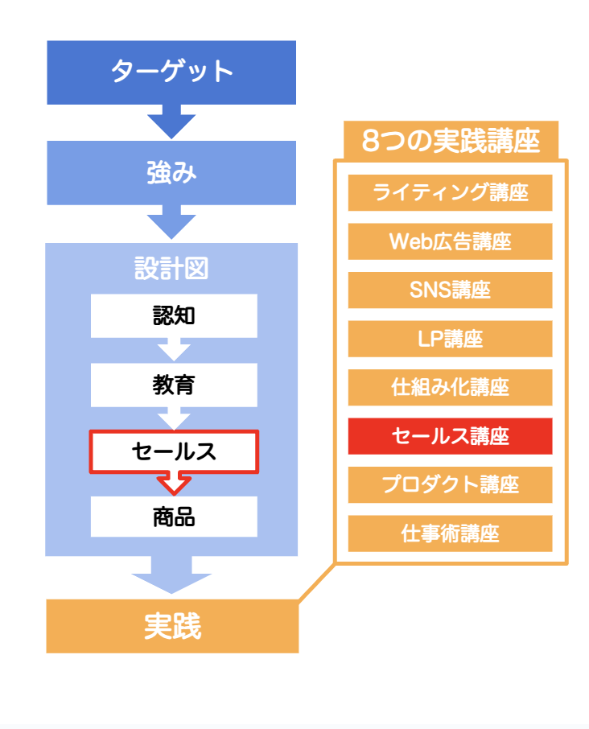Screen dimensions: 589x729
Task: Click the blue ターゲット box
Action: (x=171, y=72)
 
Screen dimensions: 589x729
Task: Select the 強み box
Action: (x=171, y=172)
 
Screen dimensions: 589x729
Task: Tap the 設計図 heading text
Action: (x=171, y=268)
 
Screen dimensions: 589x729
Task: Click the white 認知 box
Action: (x=174, y=315)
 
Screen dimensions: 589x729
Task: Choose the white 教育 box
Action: (x=174, y=385)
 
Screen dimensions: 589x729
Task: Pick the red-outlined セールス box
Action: (x=174, y=451)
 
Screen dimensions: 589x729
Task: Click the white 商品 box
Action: (x=174, y=517)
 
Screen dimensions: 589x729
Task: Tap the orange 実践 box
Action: (x=172, y=626)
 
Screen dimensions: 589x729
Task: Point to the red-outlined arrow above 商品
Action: (x=174, y=484)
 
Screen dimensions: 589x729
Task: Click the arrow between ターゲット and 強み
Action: (x=171, y=121)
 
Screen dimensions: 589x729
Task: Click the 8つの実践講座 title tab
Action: (x=451, y=140)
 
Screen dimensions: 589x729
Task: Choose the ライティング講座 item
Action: (x=450, y=192)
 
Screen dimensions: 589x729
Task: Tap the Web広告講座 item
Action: (x=450, y=241)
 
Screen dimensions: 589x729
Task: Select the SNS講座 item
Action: (x=450, y=290)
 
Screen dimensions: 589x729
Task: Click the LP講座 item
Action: (x=450, y=339)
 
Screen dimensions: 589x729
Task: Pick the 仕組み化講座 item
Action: (x=450, y=387)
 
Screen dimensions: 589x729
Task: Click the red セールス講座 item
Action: (x=450, y=436)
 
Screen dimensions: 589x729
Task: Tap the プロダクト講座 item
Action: (x=450, y=484)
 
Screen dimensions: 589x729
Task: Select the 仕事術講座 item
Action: (x=450, y=533)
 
